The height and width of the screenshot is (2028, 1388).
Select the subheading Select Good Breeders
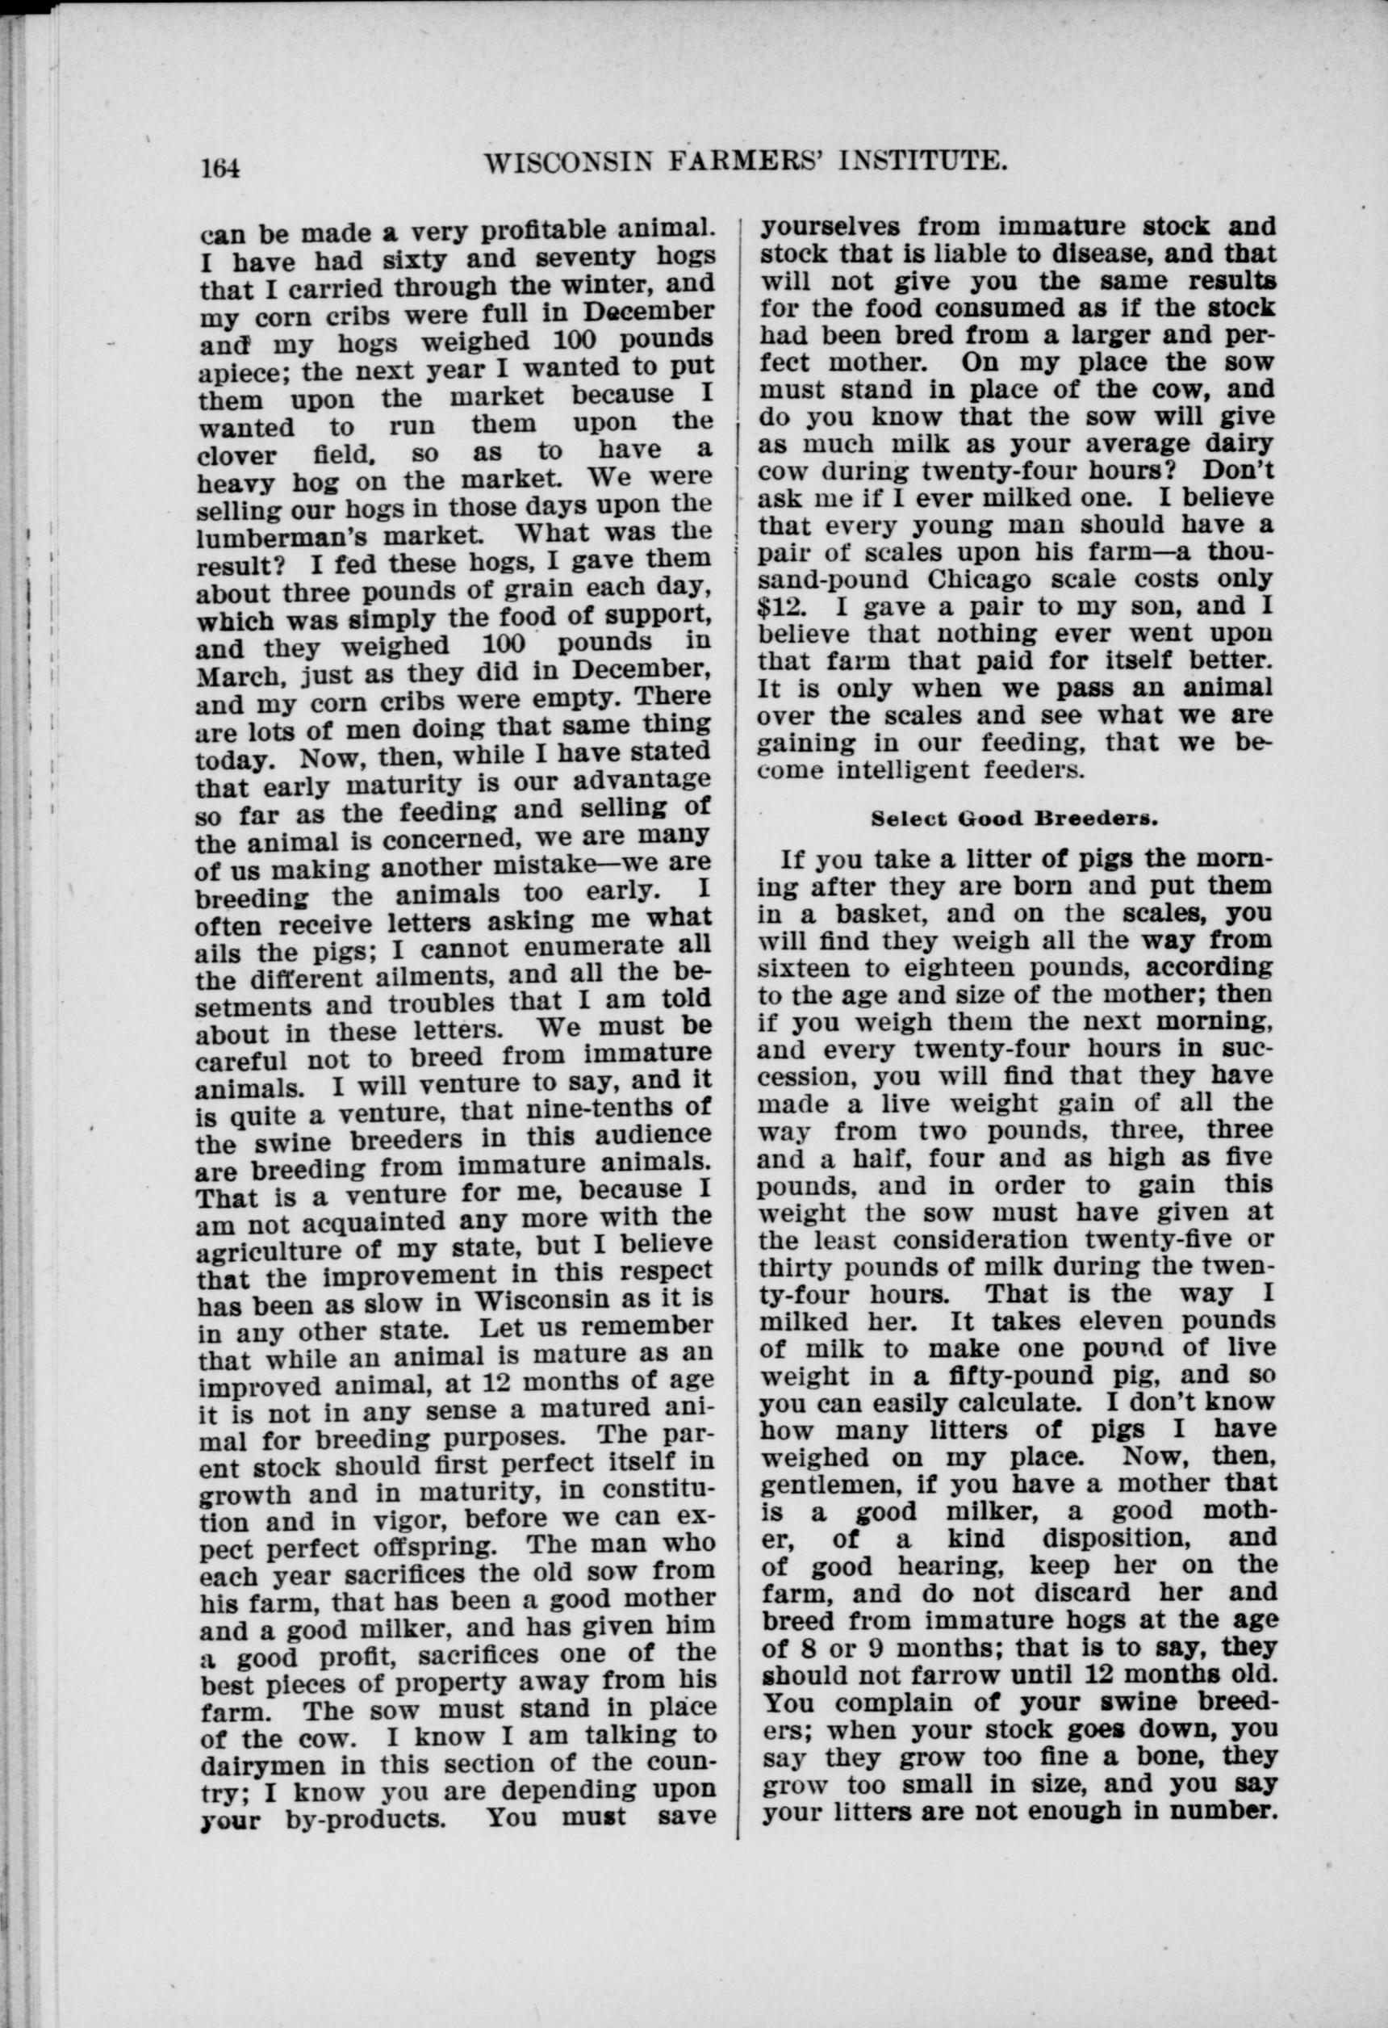tap(1014, 819)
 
